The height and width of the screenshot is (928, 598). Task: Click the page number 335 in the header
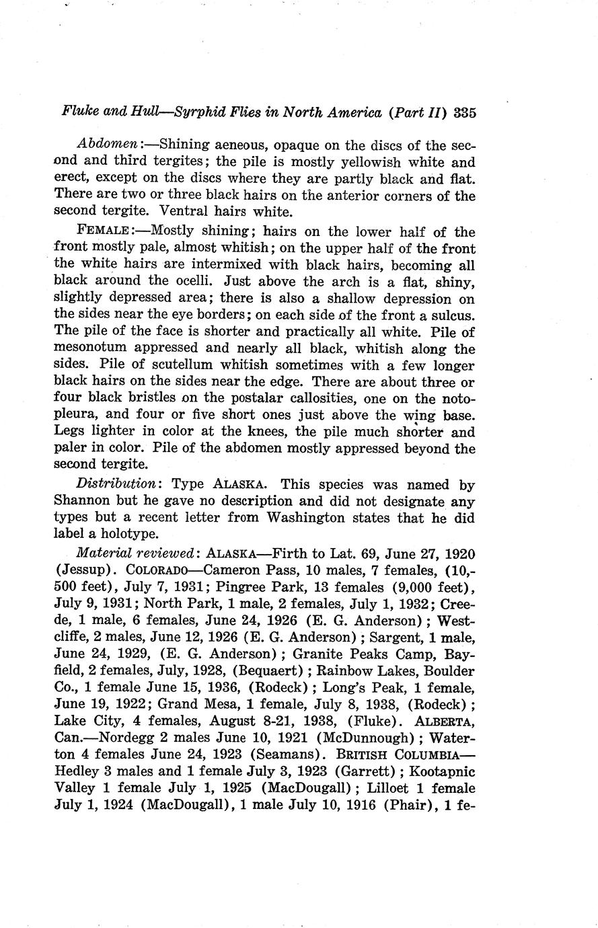pyautogui.click(x=465, y=112)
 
